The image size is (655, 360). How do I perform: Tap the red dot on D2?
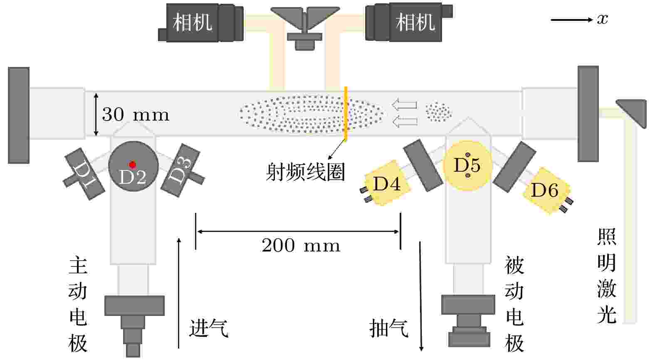pos(133,165)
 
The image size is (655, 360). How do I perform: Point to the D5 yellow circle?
pos(467,165)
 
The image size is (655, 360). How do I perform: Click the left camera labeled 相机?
pos(193,22)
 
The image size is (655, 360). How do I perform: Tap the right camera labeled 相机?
pos(415,22)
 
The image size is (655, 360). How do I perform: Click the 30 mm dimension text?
pos(136,115)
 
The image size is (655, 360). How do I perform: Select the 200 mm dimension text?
pos(301,245)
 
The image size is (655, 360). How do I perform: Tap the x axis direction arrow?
pos(572,20)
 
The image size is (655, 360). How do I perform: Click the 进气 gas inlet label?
pos(209,328)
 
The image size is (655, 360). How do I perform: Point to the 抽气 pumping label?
pos(389,328)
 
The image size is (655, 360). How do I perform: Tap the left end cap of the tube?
pos(19,115)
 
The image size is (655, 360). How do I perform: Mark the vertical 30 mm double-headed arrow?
pos(96,114)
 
